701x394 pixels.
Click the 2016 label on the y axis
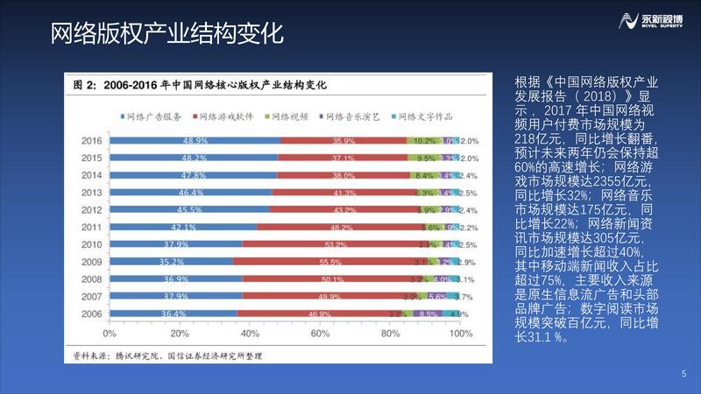pos(91,141)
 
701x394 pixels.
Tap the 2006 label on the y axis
pos(91,313)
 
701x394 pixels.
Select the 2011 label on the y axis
pos(91,227)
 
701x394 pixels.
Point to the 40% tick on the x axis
pos(250,334)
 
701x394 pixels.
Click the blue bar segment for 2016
pos(193,141)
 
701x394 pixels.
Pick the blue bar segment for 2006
pos(171,313)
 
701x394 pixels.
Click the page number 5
pos(683,376)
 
